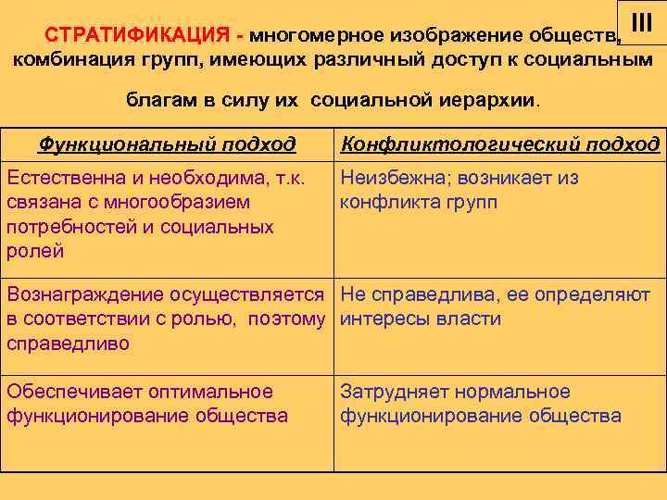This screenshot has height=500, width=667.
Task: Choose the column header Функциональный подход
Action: [x=167, y=144]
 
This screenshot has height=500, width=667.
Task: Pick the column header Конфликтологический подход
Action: [x=500, y=144]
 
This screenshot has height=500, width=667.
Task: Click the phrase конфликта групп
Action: [x=418, y=202]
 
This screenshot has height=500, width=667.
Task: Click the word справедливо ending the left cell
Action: [x=69, y=344]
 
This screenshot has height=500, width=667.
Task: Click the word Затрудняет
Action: [x=395, y=392]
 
